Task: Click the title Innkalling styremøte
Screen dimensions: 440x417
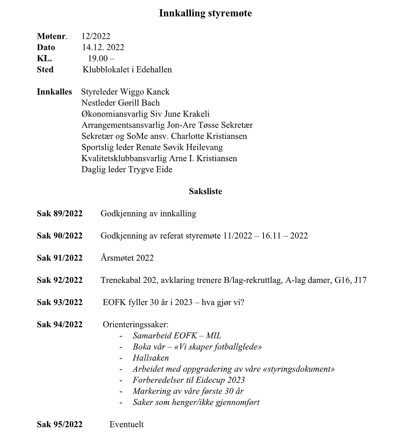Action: point(205,13)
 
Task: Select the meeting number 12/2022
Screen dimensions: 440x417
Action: point(96,36)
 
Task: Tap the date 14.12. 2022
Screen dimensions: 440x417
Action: point(103,47)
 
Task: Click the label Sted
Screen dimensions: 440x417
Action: point(45,70)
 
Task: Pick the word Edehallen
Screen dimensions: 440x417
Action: point(154,70)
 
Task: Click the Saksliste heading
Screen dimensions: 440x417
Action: point(205,192)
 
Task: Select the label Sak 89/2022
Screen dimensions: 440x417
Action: point(59,214)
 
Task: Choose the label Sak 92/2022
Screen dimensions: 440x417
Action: point(59,280)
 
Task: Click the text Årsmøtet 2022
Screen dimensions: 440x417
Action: point(127,258)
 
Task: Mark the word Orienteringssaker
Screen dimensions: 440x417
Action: point(135,325)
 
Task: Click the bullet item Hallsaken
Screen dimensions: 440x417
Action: point(151,358)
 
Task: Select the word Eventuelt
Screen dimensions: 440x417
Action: point(127,424)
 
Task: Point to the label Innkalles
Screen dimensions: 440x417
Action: point(54,92)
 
